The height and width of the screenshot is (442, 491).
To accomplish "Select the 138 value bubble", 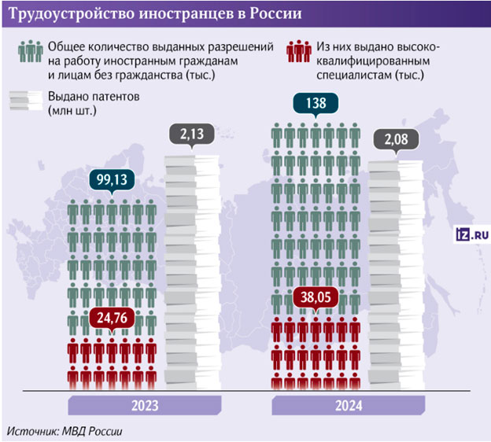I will [x=314, y=103].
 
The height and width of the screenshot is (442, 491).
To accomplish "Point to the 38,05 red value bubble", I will [x=315, y=299].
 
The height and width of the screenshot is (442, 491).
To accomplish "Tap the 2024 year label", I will [x=349, y=406].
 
